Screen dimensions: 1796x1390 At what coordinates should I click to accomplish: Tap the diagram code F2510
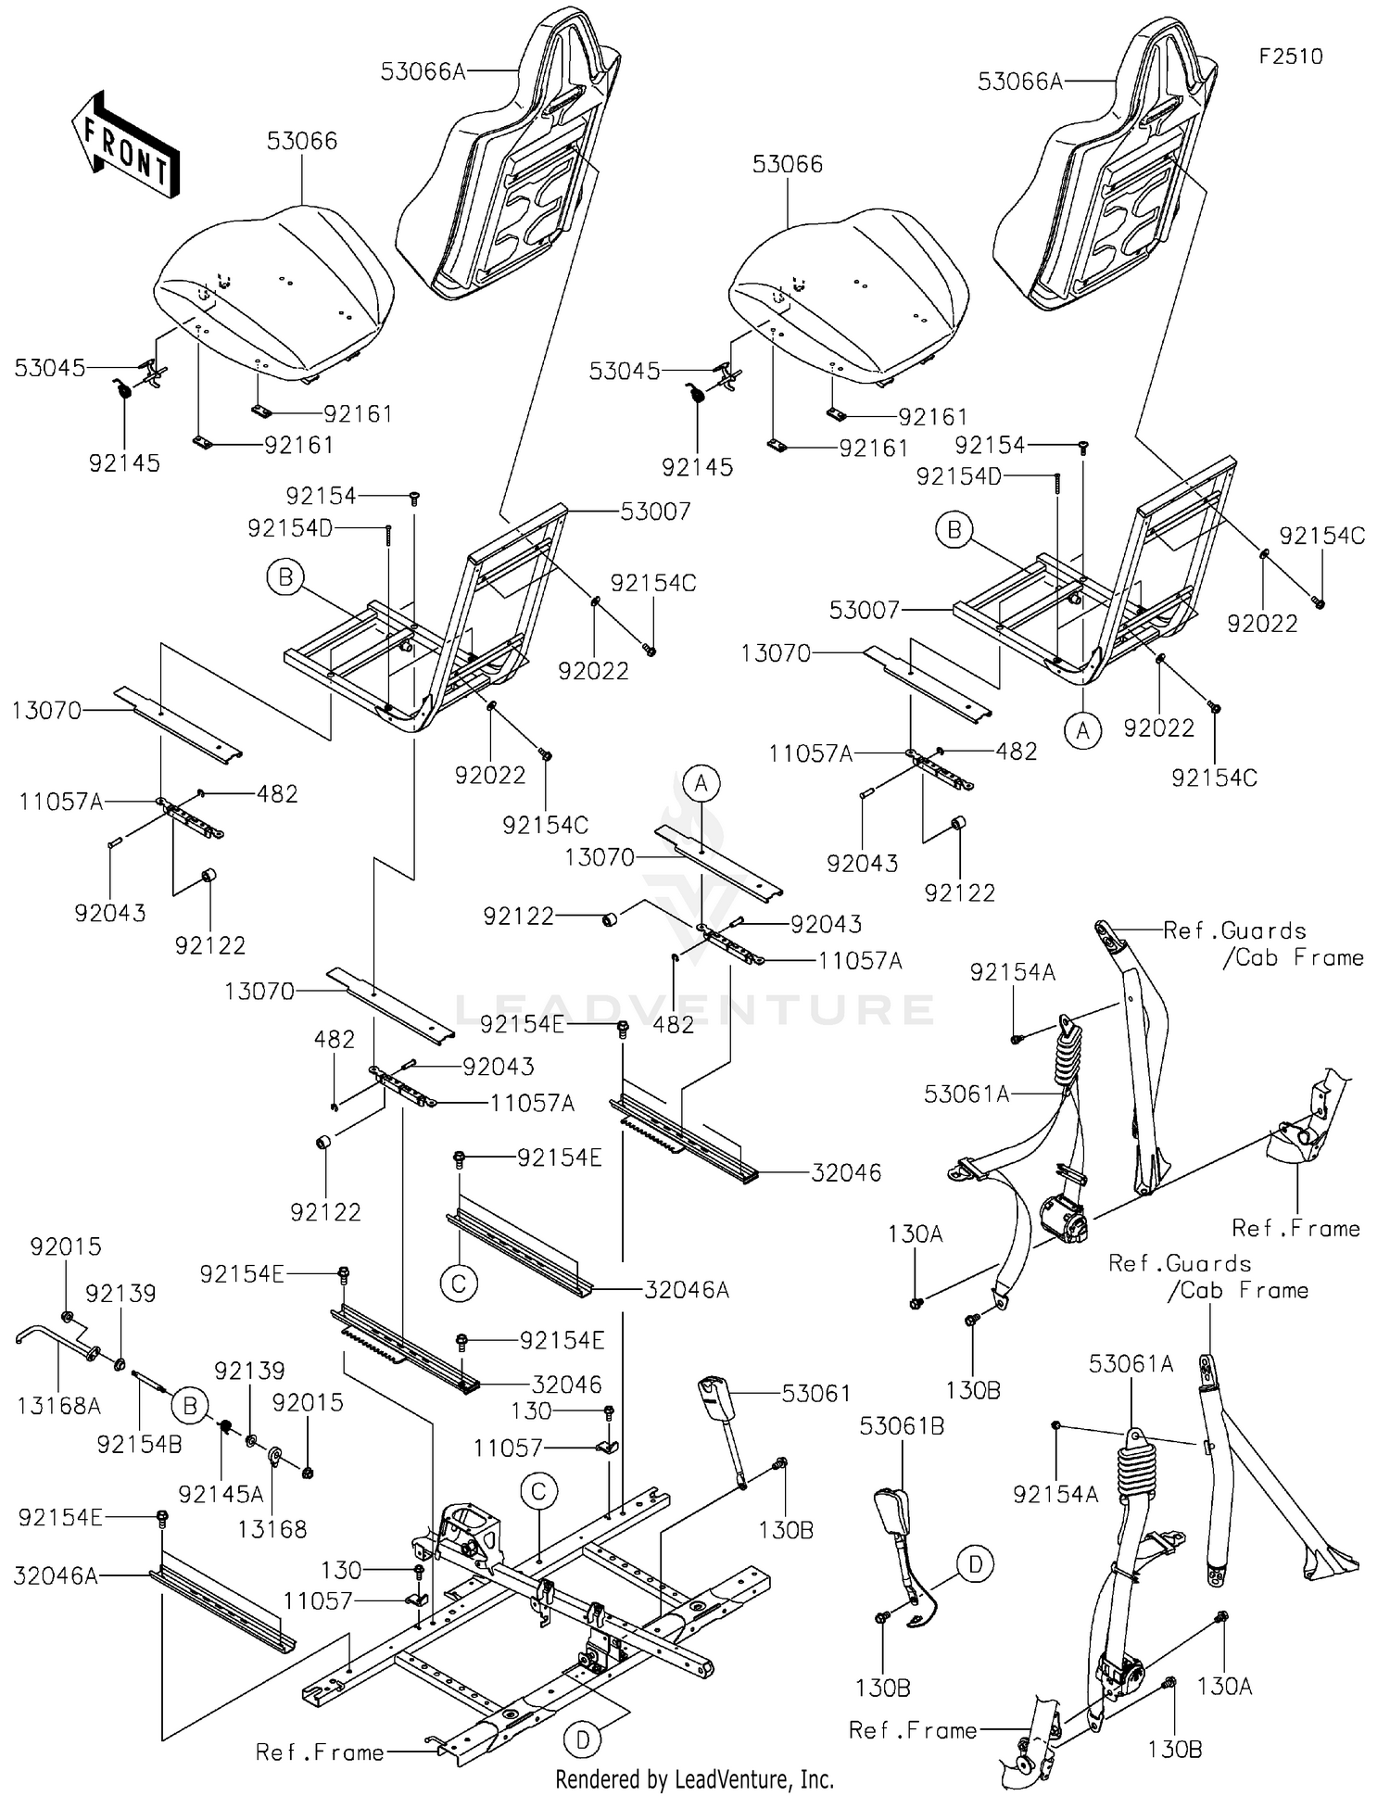[x=1291, y=57]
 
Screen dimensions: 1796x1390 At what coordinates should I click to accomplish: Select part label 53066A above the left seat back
[x=423, y=70]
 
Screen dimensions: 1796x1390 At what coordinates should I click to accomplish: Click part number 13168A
[x=58, y=1406]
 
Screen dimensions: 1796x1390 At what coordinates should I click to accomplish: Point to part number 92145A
[x=221, y=1493]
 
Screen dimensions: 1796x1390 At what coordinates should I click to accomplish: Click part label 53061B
[x=902, y=1426]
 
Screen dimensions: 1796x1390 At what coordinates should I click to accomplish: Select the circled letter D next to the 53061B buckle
[x=975, y=1565]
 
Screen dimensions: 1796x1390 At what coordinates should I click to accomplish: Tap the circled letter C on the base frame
[x=538, y=1491]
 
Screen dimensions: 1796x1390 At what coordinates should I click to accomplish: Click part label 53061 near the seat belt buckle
[x=815, y=1393]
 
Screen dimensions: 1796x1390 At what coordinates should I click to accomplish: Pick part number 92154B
[x=139, y=1444]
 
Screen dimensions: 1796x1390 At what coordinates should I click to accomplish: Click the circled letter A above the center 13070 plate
[x=701, y=784]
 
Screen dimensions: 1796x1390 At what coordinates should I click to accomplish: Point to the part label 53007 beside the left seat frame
[x=655, y=511]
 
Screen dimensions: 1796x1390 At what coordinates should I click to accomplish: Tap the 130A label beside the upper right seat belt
[x=915, y=1233]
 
